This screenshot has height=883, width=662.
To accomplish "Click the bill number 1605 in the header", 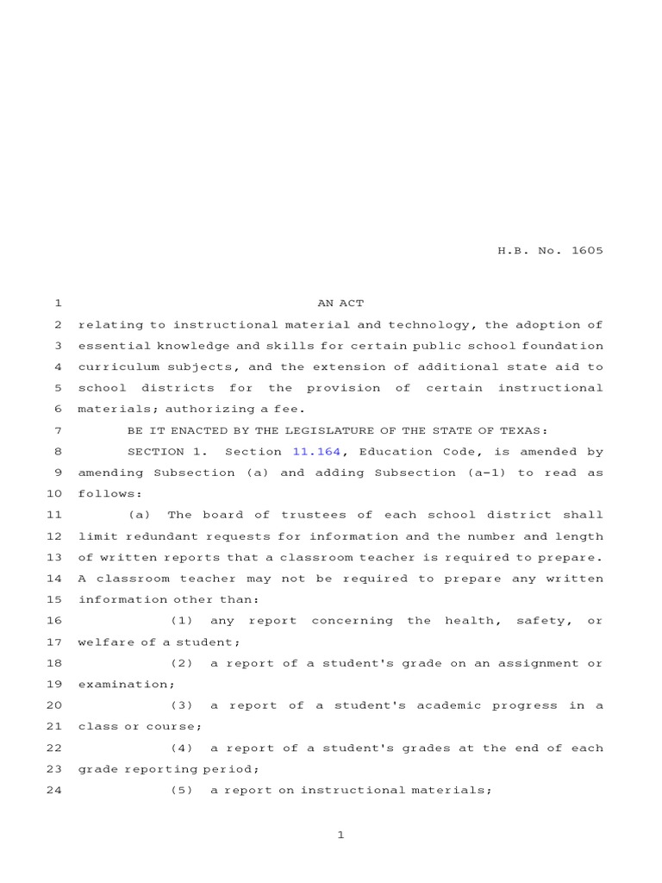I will coord(586,251).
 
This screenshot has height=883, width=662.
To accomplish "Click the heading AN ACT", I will coord(340,304).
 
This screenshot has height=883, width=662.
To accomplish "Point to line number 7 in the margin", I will coord(57,430).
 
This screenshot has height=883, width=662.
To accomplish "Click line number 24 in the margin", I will coord(53,790).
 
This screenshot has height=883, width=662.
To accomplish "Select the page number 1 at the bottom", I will coord(340,835).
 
